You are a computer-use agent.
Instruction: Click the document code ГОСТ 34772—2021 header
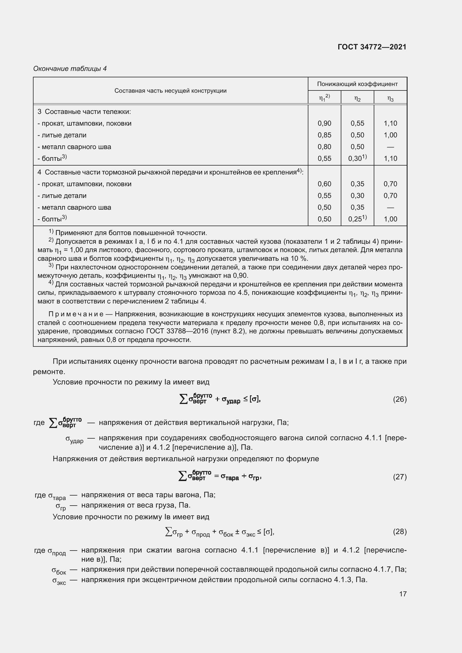pyautogui.click(x=372, y=47)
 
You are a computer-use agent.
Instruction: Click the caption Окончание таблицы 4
pyautogui.click(x=70, y=69)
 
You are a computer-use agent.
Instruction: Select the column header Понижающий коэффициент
pyautogui.click(x=357, y=84)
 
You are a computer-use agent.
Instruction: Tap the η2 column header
pyautogui.click(x=357, y=99)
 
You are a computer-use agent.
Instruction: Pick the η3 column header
pyautogui.click(x=390, y=99)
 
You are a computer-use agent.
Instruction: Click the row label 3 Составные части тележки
pyautogui.click(x=84, y=111)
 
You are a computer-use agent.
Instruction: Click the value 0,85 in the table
pyautogui.click(x=324, y=135)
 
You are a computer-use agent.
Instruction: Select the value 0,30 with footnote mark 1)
pyautogui.click(x=357, y=158)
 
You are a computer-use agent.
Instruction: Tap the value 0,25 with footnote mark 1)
pyautogui.click(x=357, y=219)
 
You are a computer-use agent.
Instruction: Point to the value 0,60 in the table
pyautogui.click(x=324, y=184)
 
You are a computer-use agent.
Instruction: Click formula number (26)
pyautogui.click(x=400, y=399)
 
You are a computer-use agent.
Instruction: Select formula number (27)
pyautogui.click(x=400, y=477)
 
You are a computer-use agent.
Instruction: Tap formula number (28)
pyautogui.click(x=400, y=532)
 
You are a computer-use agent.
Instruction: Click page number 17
pyautogui.click(x=403, y=594)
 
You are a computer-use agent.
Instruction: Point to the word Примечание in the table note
pyautogui.click(x=76, y=314)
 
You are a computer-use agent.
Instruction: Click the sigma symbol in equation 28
pyautogui.click(x=168, y=531)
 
